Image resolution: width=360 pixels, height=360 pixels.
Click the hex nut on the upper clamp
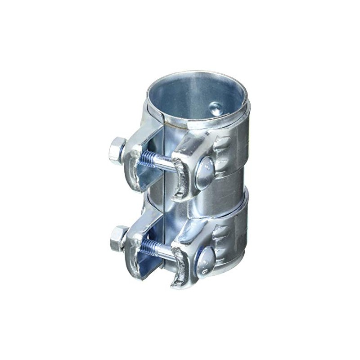pyautogui.click(x=117, y=151)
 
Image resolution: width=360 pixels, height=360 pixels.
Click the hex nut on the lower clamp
pyautogui.click(x=118, y=238)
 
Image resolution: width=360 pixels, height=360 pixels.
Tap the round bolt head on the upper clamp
pyautogui.click(x=206, y=172)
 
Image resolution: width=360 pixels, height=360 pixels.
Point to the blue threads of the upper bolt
pyautogui.click(x=148, y=159)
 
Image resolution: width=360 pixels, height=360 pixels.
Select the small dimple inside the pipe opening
pyautogui.click(x=217, y=108)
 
